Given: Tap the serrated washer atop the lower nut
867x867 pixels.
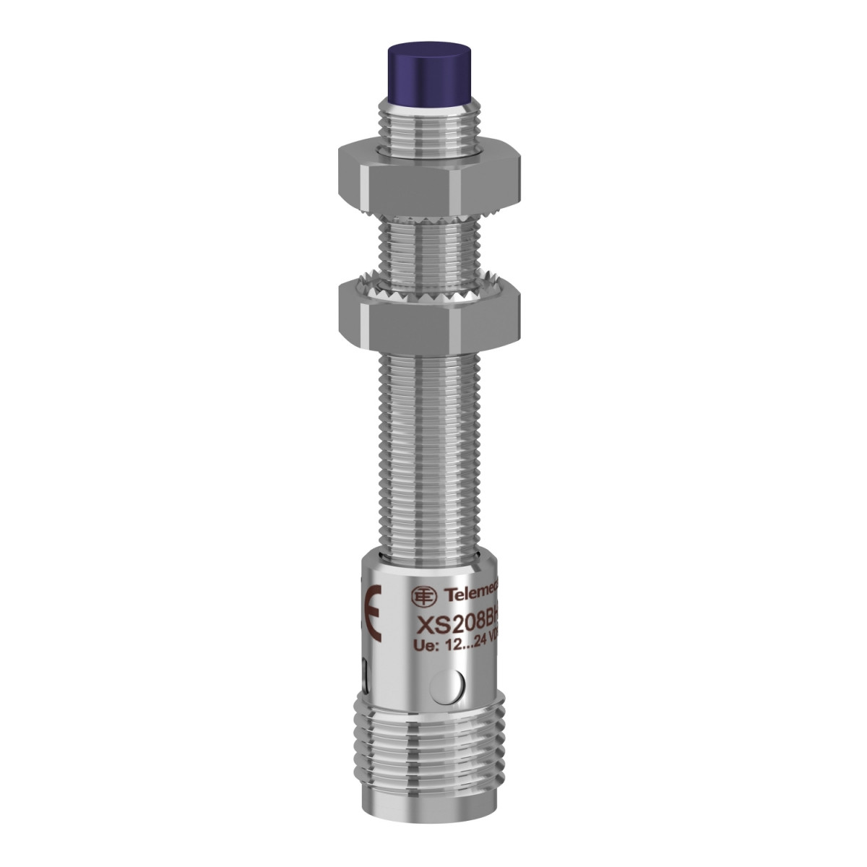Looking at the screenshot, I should tap(419, 288).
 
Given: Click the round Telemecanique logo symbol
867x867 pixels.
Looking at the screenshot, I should tap(422, 594).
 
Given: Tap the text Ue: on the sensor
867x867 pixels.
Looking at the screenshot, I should tap(422, 645).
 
